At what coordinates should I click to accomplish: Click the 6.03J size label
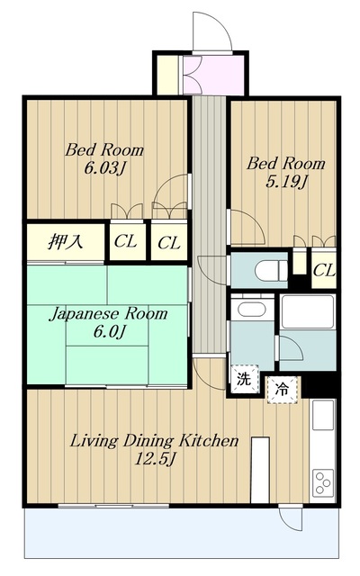pyautogui.click(x=104, y=168)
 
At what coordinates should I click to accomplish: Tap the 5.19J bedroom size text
pyautogui.click(x=286, y=182)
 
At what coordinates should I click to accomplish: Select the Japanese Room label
pyautogui.click(x=108, y=314)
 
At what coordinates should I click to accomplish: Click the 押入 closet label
pyautogui.click(x=66, y=242)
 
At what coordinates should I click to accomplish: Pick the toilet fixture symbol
pyautogui.click(x=272, y=271)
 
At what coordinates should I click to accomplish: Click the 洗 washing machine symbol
pyautogui.click(x=244, y=379)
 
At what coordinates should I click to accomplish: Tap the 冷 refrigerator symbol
pyautogui.click(x=282, y=390)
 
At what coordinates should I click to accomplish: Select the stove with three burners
pyautogui.click(x=324, y=482)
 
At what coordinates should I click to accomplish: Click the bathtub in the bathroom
pyautogui.click(x=308, y=311)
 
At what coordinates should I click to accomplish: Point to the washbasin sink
pyautogui.click(x=252, y=308)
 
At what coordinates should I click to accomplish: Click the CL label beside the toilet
pyautogui.click(x=324, y=271)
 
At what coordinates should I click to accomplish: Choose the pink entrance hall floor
pyautogui.click(x=213, y=75)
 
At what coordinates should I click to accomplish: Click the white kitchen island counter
pyautogui.click(x=260, y=470)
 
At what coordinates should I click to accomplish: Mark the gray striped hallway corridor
pyautogui.click(x=210, y=224)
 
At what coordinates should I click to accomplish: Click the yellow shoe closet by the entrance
pyautogui.click(x=167, y=75)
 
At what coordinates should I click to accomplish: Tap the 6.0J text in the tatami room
pyautogui.click(x=110, y=332)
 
